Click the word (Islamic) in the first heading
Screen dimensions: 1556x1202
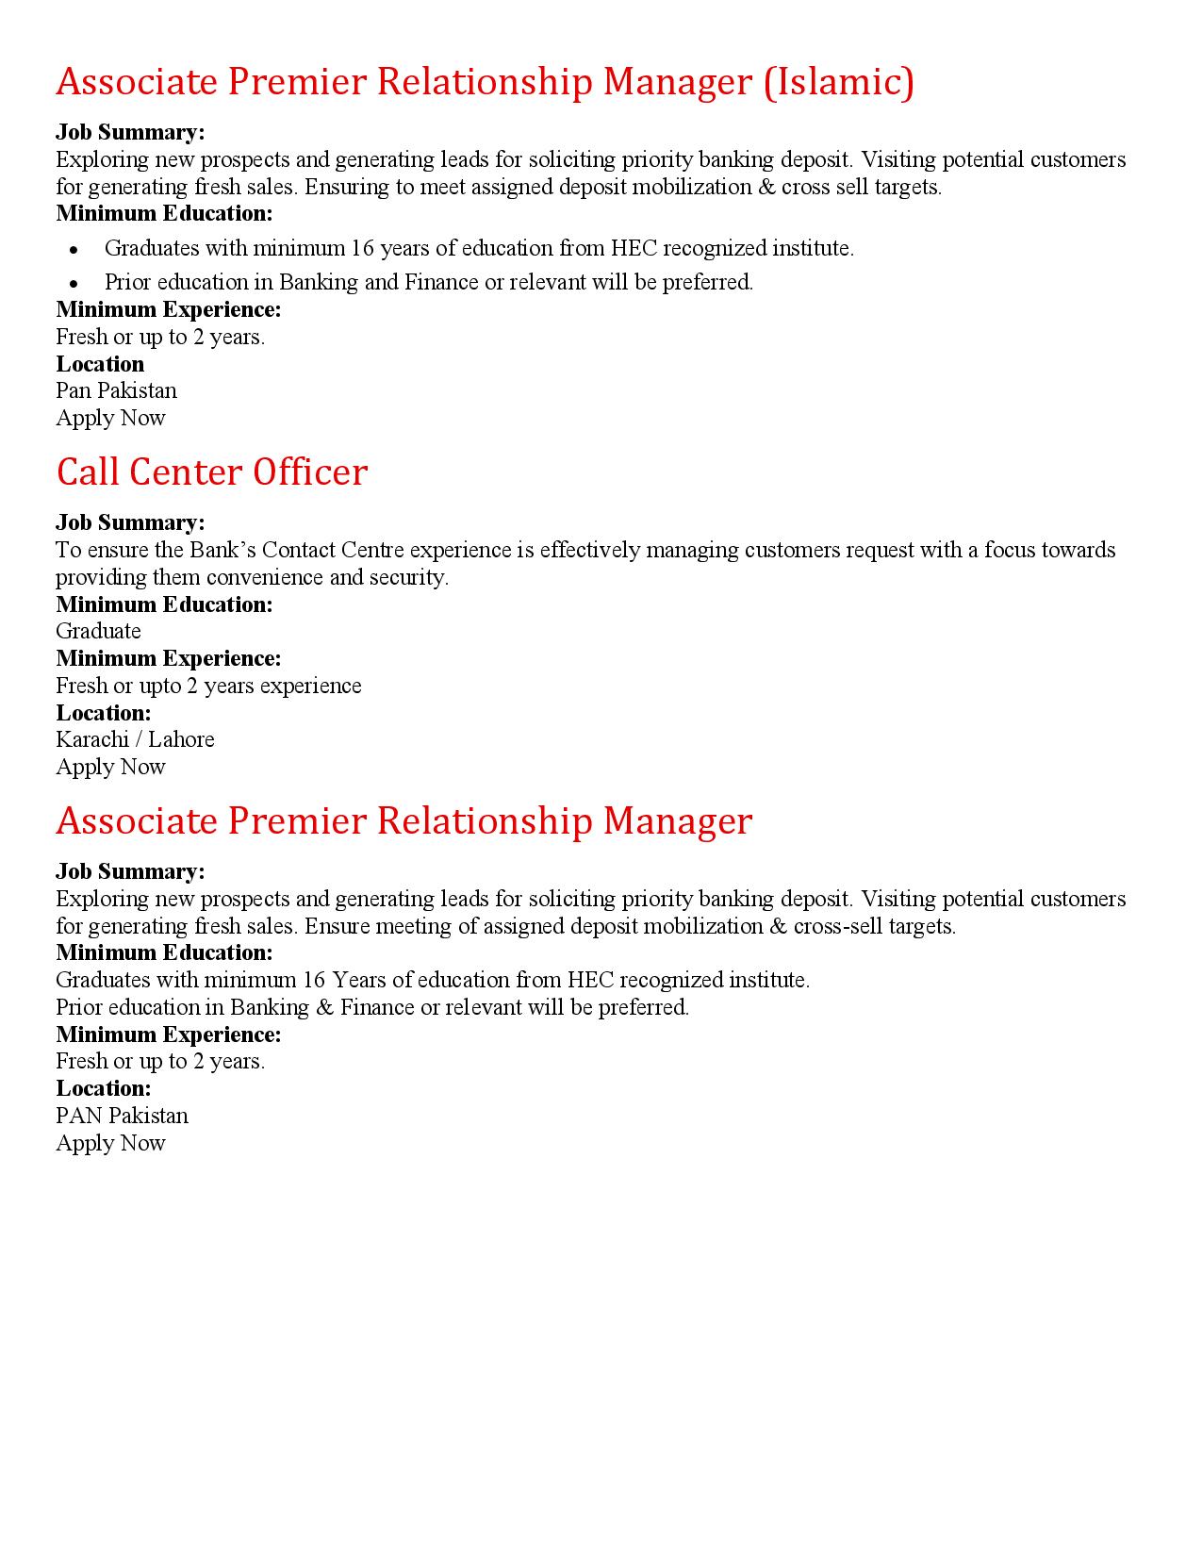(x=838, y=83)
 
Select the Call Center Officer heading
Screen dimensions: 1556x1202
(x=211, y=472)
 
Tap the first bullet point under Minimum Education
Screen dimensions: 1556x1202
(x=74, y=249)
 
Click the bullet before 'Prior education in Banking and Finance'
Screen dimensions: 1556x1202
(x=74, y=283)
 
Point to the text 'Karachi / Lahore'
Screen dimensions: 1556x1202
(x=135, y=739)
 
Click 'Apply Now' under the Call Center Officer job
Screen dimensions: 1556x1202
(x=110, y=767)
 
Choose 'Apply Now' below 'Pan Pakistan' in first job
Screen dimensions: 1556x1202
(x=110, y=418)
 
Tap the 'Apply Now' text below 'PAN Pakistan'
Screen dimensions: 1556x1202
(x=110, y=1143)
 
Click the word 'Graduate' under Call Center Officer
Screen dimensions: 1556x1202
(x=98, y=631)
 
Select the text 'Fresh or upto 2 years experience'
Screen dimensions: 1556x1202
(x=208, y=686)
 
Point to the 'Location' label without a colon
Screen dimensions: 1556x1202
(x=100, y=364)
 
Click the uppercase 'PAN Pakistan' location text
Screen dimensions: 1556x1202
(x=122, y=1116)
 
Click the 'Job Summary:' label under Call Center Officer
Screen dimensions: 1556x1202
(x=130, y=522)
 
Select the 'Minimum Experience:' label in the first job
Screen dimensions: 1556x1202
(x=169, y=309)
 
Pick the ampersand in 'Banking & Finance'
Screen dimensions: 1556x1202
(x=324, y=1007)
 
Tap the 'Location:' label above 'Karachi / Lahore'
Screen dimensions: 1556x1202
(x=104, y=713)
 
